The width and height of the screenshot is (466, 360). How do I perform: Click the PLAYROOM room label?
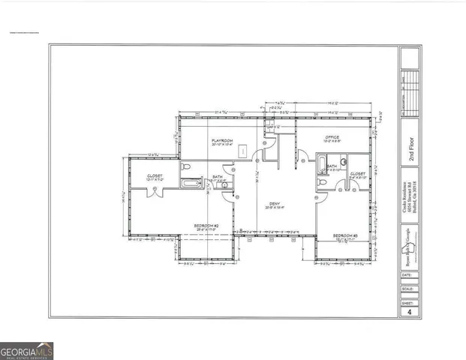(222, 140)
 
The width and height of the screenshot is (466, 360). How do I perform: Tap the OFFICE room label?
(332, 138)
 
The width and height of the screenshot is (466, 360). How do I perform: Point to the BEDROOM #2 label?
(206, 226)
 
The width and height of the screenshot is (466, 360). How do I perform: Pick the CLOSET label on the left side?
(156, 176)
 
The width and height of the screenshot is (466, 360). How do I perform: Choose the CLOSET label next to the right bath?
(357, 173)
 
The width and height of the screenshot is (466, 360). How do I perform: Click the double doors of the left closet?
(155, 190)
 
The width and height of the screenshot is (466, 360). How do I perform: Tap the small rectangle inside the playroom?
(243, 151)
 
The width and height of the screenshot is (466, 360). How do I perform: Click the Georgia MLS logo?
(27, 349)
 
